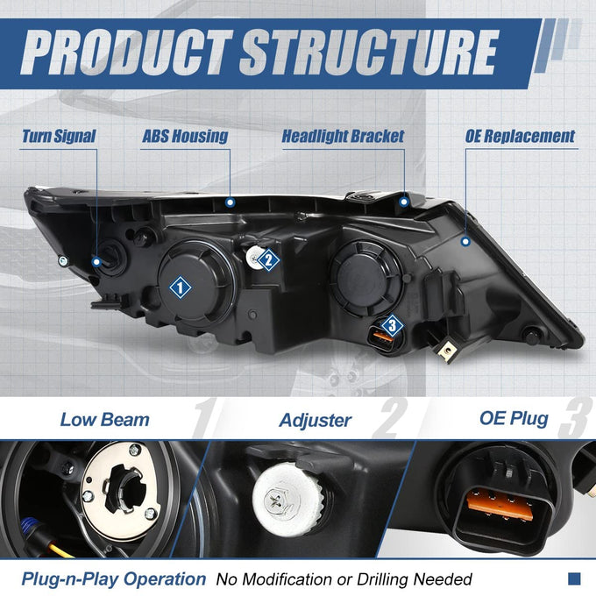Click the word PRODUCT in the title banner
(125, 53)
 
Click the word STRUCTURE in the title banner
(370, 53)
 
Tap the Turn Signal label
(59, 136)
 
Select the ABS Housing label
(185, 136)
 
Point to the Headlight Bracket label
(343, 136)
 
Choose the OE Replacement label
(520, 136)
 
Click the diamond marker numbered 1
(181, 287)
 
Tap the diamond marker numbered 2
(269, 260)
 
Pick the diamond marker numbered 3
(392, 325)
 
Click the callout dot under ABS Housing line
(230, 202)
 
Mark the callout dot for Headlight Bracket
(404, 202)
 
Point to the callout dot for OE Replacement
(465, 241)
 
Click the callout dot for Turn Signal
(97, 261)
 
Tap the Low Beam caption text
(105, 420)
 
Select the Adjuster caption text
(316, 421)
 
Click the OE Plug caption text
(514, 418)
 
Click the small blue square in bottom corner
(574, 578)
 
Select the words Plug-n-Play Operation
(114, 579)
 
